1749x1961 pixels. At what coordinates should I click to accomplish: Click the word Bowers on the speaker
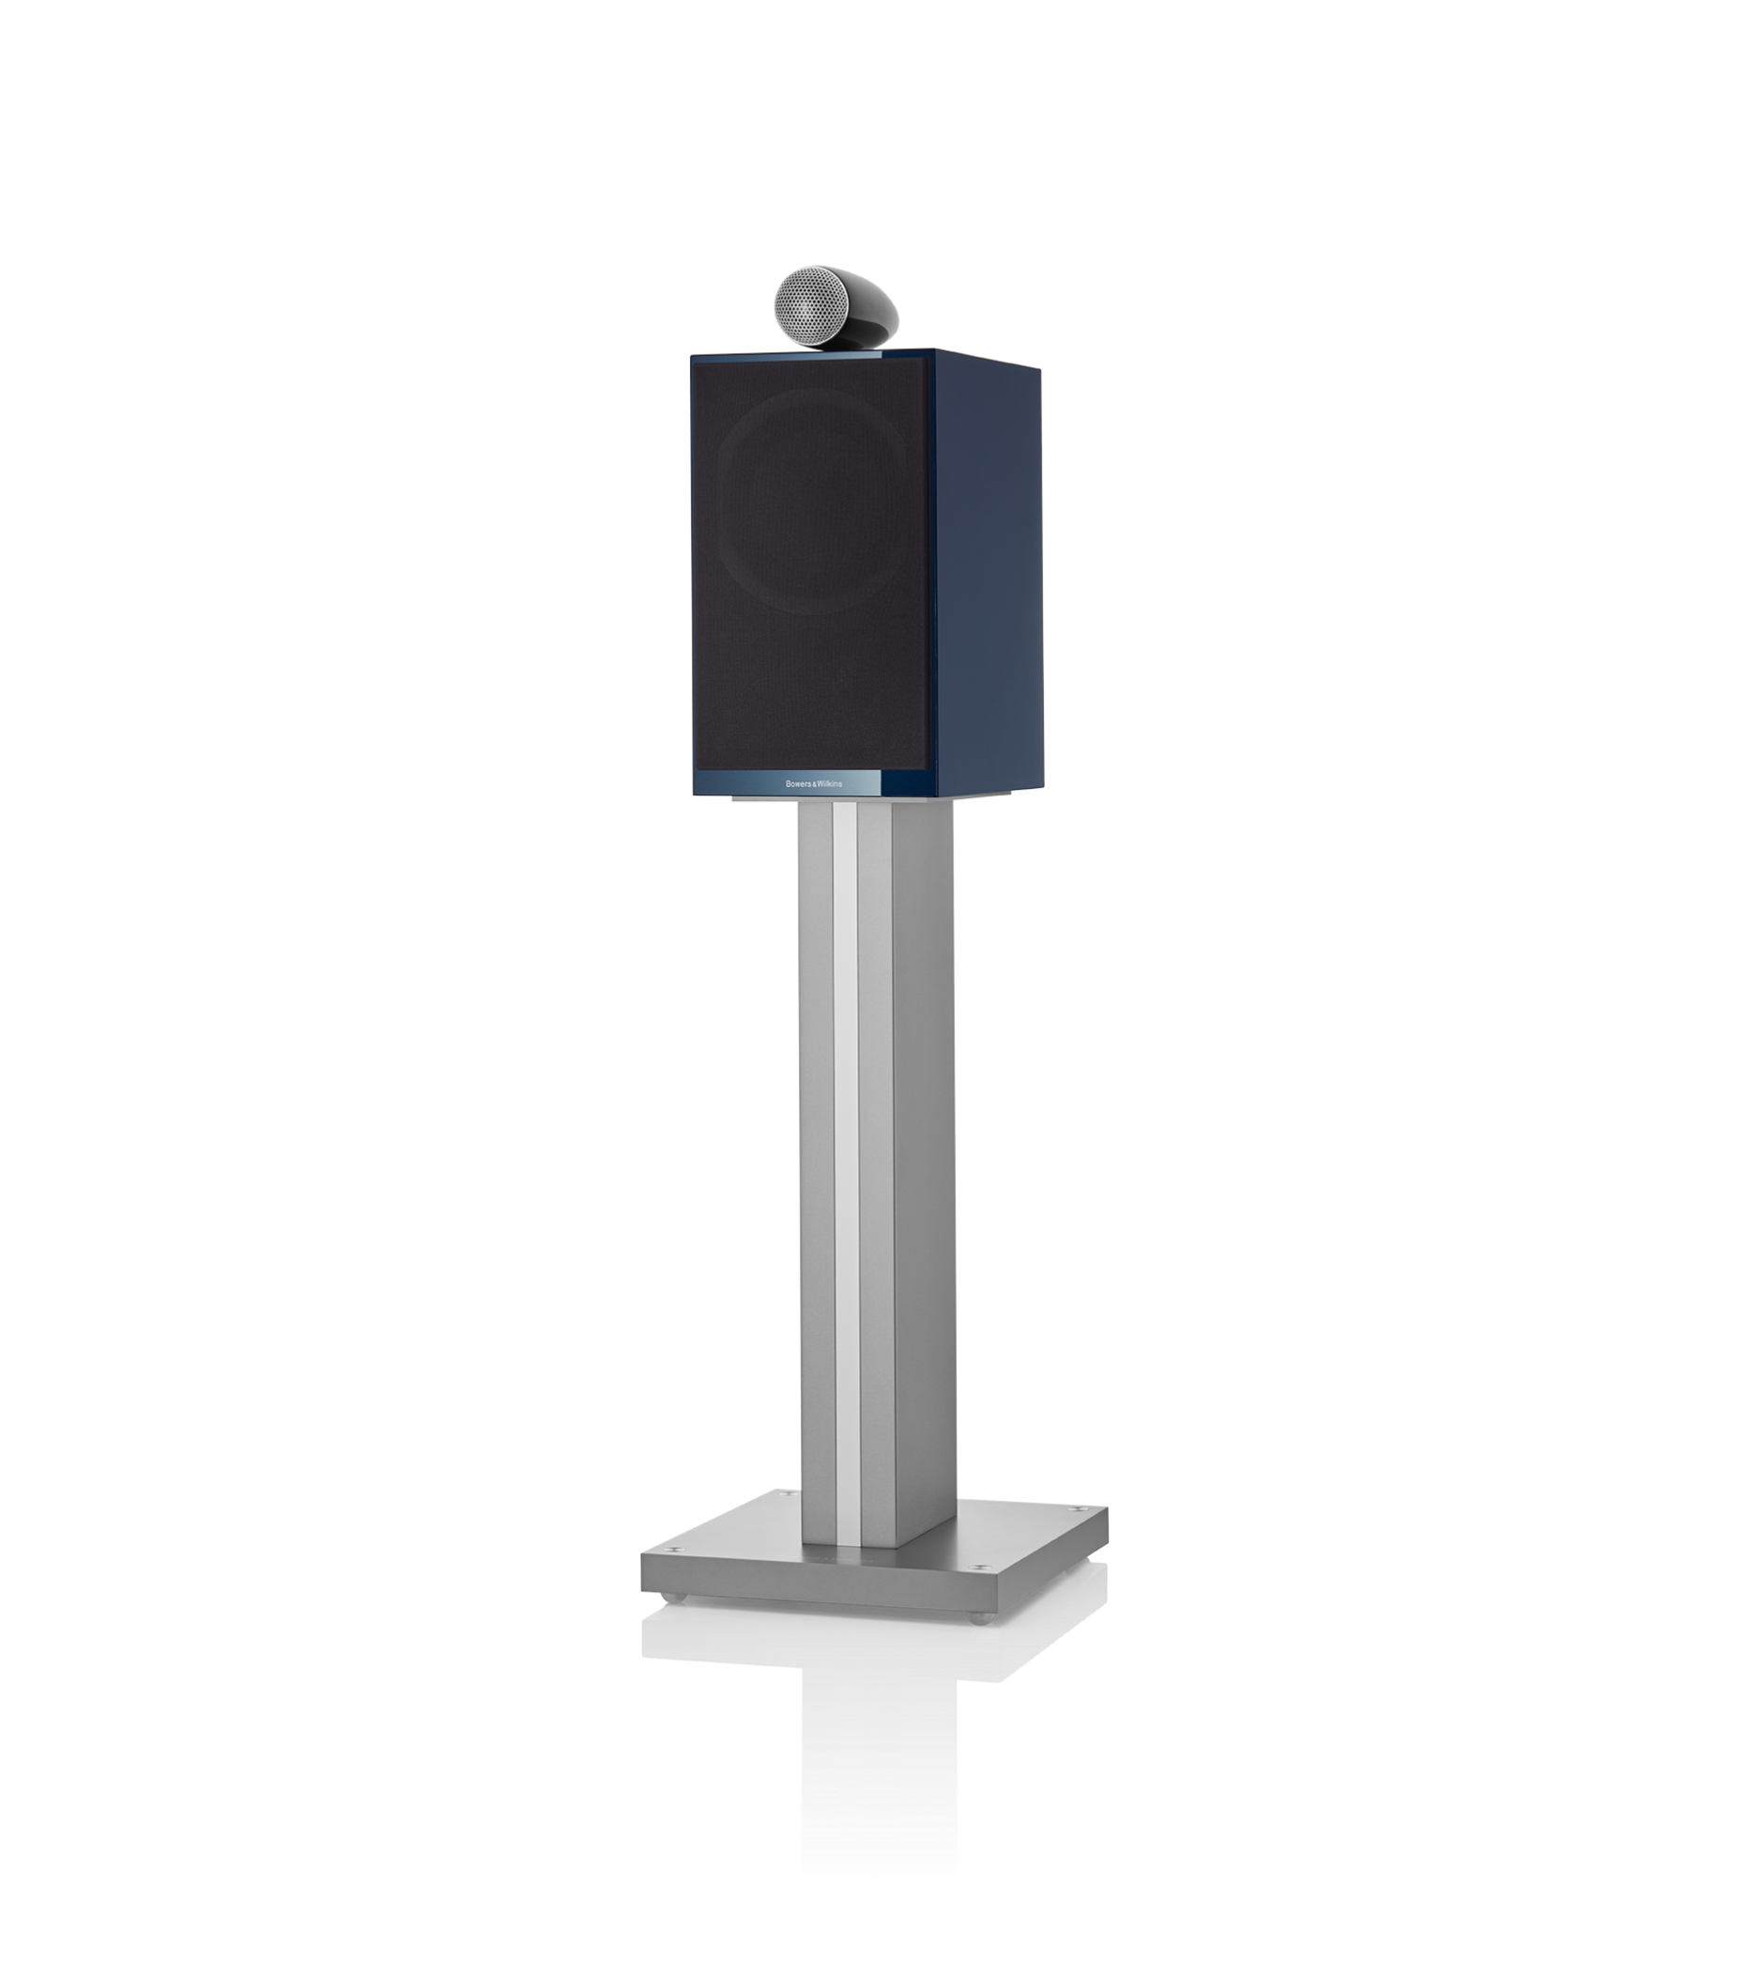(x=798, y=783)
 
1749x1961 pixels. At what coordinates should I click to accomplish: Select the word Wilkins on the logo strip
(x=829, y=783)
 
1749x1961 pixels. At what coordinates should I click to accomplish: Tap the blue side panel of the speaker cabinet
(x=986, y=577)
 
